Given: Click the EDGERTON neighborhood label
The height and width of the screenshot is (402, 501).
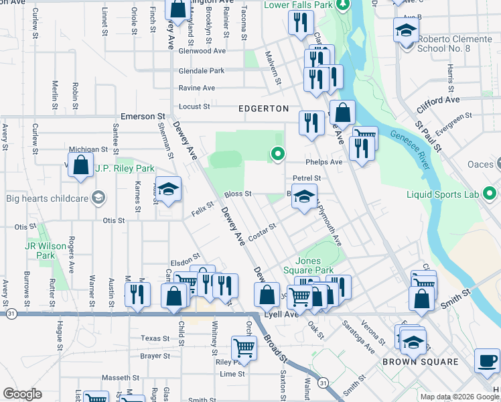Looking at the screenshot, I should coord(264,109).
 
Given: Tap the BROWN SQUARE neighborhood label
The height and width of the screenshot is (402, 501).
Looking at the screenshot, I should coord(421,362).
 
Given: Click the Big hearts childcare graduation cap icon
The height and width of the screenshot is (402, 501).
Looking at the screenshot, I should coord(99,197).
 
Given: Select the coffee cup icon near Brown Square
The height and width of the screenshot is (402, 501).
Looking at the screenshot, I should coord(487,360).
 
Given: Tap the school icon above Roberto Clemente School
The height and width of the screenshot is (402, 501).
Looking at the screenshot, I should coord(406,30).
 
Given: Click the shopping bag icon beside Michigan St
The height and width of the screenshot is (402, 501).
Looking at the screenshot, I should coord(81,166).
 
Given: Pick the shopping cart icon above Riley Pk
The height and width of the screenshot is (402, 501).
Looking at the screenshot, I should coord(244,347).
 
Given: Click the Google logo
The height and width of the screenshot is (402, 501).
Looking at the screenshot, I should coord(22,394).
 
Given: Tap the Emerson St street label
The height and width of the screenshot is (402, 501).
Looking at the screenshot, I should coord(142,116).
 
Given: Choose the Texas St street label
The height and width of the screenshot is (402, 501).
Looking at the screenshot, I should coord(155,338).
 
